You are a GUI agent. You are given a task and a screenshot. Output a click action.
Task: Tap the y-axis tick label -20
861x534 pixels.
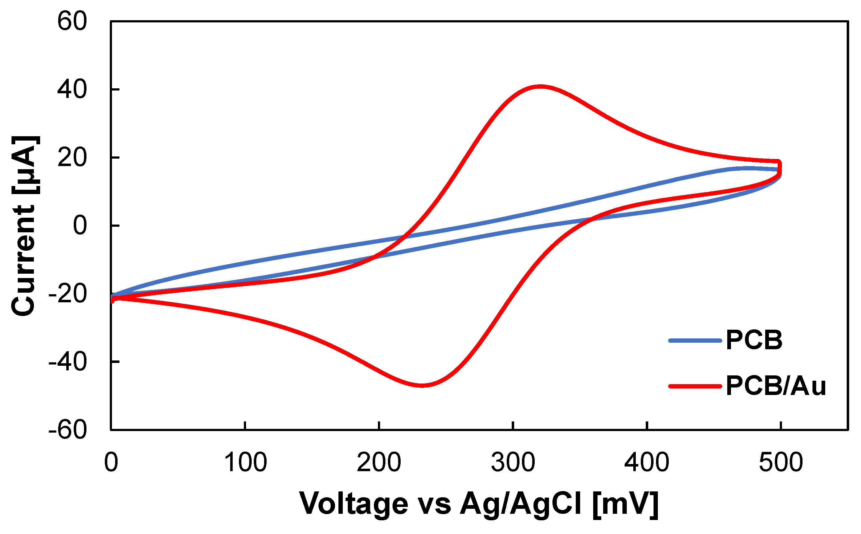[x=67, y=294]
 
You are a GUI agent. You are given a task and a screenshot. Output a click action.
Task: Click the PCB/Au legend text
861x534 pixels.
[x=775, y=386]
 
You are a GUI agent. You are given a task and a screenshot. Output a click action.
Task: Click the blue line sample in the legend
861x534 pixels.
[x=695, y=341]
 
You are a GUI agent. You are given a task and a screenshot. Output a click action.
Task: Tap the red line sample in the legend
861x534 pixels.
[x=695, y=386]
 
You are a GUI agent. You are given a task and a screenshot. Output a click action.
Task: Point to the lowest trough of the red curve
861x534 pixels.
[x=422, y=385]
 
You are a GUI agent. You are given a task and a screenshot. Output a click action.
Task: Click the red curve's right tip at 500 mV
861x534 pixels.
[x=779, y=166]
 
